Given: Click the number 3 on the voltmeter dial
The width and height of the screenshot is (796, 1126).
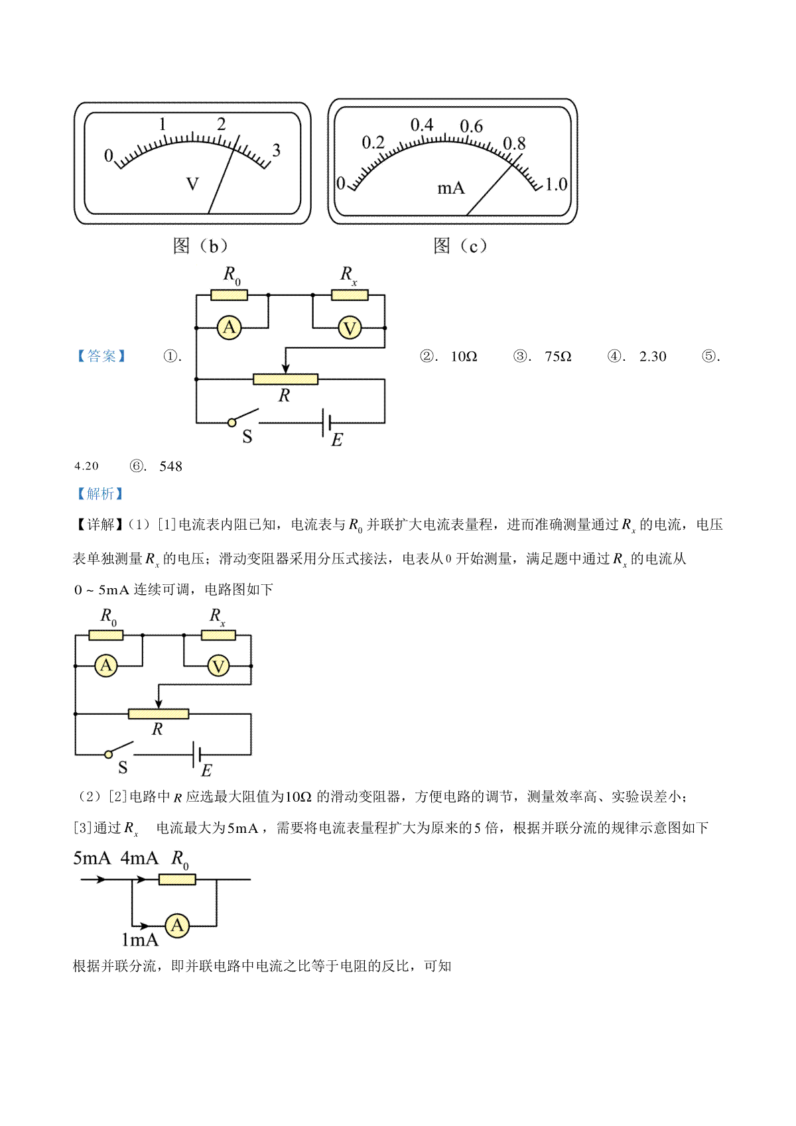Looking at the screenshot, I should (x=276, y=151).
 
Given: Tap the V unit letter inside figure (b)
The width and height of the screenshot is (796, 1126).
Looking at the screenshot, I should (x=192, y=184).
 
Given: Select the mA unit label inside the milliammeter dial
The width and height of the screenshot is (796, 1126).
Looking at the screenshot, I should (x=450, y=188).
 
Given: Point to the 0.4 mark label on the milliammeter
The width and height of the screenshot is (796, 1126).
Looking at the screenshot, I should (x=422, y=125).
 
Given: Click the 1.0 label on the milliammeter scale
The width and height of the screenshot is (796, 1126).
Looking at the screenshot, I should (x=556, y=184).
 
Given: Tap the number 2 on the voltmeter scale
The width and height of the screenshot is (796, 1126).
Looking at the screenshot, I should (x=222, y=124).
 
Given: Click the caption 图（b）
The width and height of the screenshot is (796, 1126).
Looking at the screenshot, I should (x=200, y=246).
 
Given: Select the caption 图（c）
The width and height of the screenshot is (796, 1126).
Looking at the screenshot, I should (x=460, y=246).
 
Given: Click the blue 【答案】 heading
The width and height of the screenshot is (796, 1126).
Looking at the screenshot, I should (x=101, y=356).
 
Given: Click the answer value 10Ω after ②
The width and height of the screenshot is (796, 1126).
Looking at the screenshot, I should (x=464, y=357).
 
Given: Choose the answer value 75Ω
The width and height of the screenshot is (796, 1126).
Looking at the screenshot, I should (x=558, y=357).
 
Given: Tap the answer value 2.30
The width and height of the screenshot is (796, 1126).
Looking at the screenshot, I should (x=653, y=357).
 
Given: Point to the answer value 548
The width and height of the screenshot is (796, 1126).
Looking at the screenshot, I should (x=170, y=466).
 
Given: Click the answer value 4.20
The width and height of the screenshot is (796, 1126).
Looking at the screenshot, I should (x=87, y=466).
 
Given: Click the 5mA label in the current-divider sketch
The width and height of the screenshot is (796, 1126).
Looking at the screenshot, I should (x=92, y=858).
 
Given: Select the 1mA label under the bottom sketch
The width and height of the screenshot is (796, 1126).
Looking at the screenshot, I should (x=140, y=940).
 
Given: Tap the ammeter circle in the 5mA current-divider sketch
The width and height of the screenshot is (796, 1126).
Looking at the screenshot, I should (x=177, y=925).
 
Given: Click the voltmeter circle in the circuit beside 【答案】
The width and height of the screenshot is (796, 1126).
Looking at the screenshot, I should (x=350, y=328).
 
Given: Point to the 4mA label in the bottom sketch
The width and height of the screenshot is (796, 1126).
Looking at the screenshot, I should (x=139, y=858).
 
